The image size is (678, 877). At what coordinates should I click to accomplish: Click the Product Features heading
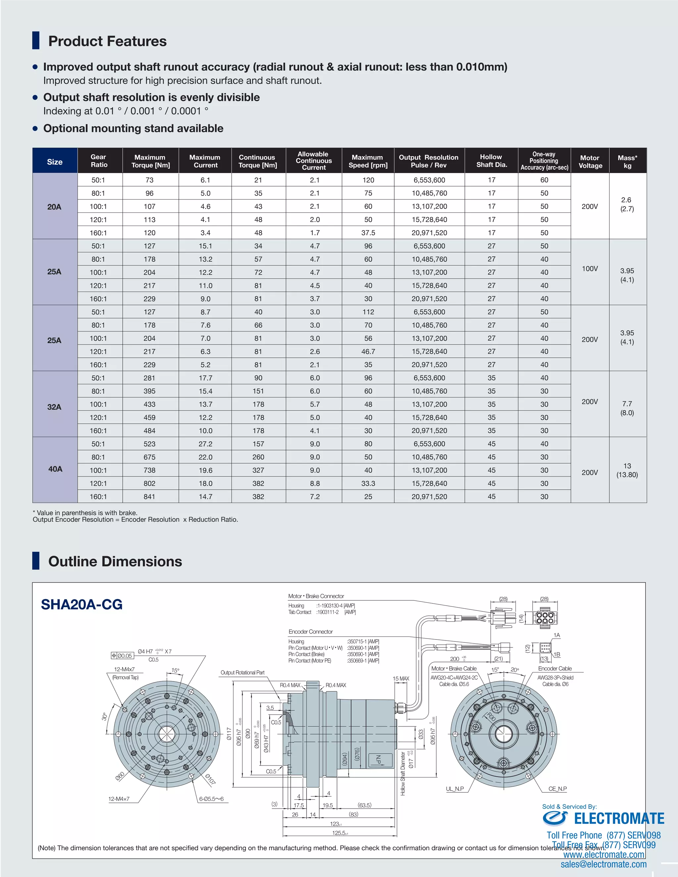click(x=107, y=41)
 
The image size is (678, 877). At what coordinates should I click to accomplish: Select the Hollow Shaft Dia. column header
click(x=491, y=161)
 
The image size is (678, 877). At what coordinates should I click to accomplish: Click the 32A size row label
click(x=54, y=407)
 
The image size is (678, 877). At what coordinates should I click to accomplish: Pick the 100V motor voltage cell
click(x=590, y=269)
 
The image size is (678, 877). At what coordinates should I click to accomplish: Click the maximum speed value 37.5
click(x=368, y=233)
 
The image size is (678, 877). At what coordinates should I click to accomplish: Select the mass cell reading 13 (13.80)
click(x=627, y=470)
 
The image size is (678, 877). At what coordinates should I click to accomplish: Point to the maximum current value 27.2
click(x=205, y=444)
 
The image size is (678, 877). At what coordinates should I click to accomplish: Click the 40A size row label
click(x=55, y=469)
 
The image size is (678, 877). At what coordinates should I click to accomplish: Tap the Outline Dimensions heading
click(x=115, y=561)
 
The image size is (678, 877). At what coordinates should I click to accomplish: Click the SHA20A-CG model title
click(x=81, y=604)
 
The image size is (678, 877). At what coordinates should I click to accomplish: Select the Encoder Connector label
click(x=310, y=632)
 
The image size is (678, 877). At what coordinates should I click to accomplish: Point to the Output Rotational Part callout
click(x=242, y=673)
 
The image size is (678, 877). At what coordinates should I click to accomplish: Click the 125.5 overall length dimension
click(x=340, y=833)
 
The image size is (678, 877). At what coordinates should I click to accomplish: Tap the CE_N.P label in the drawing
click(x=557, y=789)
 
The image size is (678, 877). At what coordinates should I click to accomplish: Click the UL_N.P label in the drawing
click(x=455, y=789)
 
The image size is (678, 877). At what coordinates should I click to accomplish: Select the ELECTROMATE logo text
click(x=619, y=818)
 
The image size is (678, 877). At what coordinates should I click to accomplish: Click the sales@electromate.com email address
click(x=603, y=864)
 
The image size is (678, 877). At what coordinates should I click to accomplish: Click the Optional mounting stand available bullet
click(x=133, y=128)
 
